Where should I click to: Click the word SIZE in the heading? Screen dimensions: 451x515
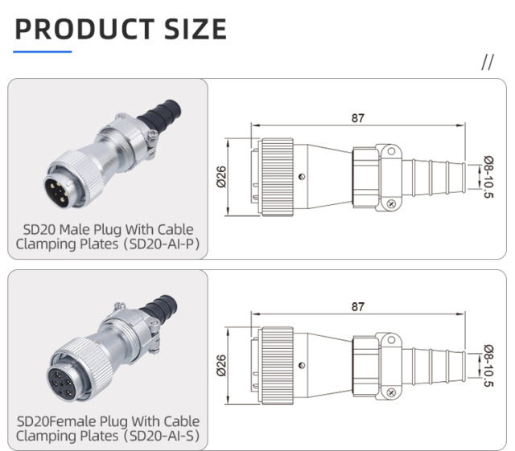pos(192,29)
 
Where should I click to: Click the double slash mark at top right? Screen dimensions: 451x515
pos(487,64)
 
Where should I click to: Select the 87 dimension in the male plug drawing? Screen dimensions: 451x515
pos(357,118)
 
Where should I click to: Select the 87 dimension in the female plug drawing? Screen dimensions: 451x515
pos(357,306)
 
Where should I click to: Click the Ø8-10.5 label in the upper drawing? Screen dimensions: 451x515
pos(488,177)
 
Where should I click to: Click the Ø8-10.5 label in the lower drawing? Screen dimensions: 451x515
pos(488,366)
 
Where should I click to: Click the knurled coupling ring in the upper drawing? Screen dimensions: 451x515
pos(276,177)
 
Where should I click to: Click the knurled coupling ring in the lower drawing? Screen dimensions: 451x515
pos(276,365)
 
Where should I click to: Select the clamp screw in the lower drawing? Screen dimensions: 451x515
pos(390,392)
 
